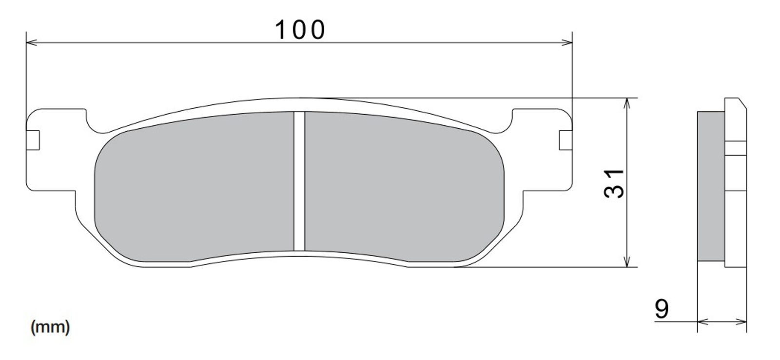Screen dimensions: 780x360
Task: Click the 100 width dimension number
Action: pyautogui.click(x=300, y=30)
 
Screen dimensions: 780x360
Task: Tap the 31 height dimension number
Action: pyautogui.click(x=614, y=183)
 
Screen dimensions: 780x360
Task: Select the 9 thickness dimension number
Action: pyautogui.click(x=662, y=308)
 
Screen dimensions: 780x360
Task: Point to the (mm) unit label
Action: pyautogui.click(x=51, y=327)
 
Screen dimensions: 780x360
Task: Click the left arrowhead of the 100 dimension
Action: pyautogui.click(x=32, y=42)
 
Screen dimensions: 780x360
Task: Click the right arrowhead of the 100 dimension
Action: pyautogui.click(x=567, y=42)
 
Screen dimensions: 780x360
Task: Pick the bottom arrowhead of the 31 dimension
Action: pyautogui.click(x=626, y=262)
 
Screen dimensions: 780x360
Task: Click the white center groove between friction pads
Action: pyautogui.click(x=299, y=181)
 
